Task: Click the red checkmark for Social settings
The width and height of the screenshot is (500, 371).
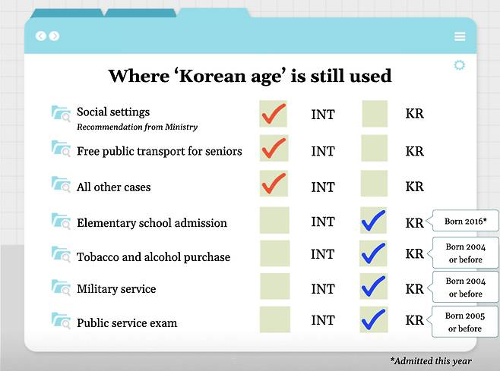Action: coord(273,115)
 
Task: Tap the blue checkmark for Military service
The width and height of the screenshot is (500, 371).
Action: coord(374,287)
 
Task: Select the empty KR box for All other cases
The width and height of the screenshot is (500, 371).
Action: coord(374,184)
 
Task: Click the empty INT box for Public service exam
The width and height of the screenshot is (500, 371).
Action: coord(274,320)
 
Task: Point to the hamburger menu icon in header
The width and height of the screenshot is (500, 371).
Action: coord(460,36)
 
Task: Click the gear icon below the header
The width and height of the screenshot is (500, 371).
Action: coord(459,65)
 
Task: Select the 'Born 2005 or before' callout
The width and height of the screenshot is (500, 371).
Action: coord(464,322)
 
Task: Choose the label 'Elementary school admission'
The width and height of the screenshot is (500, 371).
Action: coord(152,223)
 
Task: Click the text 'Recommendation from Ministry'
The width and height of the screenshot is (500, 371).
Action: coord(137,127)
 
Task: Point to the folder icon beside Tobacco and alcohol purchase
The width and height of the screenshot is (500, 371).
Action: coord(60,254)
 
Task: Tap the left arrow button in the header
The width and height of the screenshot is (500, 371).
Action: coord(41,36)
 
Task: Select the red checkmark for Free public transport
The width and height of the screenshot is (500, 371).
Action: coord(273,149)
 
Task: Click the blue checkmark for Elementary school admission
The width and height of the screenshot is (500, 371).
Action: coord(374,221)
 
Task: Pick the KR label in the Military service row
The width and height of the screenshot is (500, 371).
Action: coord(415,289)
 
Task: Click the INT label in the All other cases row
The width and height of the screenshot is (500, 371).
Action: coord(323,186)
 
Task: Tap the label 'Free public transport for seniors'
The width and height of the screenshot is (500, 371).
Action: coord(160,151)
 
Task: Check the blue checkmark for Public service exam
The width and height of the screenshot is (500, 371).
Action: coord(374,320)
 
